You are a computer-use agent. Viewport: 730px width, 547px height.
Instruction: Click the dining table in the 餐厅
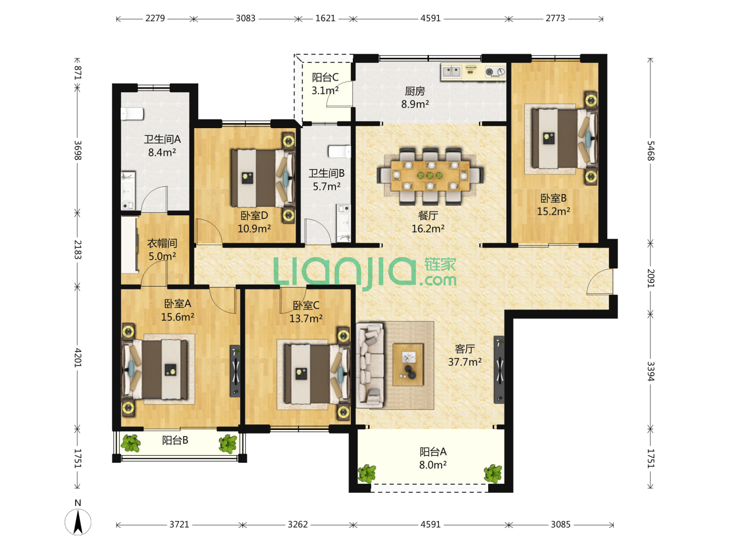430,175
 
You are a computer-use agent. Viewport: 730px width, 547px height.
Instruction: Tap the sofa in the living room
370,365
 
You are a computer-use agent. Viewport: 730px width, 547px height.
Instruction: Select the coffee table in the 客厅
408,364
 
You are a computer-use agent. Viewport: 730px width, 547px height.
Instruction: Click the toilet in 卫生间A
132,113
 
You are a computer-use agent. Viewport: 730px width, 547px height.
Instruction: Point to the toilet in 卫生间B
339,151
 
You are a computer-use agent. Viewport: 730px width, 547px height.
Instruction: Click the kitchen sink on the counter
451,71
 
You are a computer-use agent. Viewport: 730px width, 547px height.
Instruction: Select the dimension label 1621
325,18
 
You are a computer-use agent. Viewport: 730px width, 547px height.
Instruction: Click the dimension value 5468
650,151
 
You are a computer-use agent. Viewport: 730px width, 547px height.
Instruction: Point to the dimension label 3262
298,524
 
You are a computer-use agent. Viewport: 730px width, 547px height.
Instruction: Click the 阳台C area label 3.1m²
325,90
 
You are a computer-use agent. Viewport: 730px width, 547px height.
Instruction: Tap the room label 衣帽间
162,243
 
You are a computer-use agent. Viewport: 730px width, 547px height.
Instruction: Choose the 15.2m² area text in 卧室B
554,211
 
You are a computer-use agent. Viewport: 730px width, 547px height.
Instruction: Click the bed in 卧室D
263,178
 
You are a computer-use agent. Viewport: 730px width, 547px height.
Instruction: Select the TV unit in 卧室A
235,371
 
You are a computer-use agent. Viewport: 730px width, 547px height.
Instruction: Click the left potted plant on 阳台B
131,443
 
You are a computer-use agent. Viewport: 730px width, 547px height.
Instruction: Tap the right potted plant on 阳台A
493,474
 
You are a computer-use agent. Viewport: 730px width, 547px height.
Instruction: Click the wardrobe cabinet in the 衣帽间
129,244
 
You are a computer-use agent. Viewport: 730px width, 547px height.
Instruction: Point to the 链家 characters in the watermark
440,265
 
